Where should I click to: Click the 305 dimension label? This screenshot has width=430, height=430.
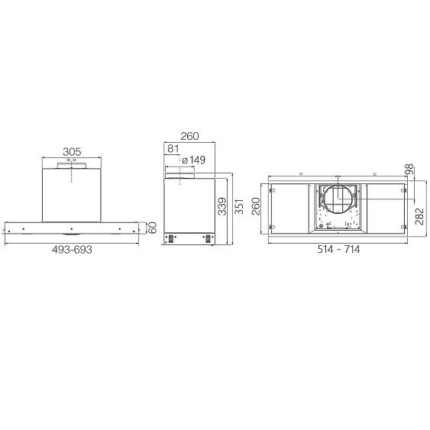point(72,152)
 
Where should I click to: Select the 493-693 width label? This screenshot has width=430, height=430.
point(72,250)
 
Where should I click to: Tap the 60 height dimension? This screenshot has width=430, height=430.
point(152,228)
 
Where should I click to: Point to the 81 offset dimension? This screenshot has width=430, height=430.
point(173,149)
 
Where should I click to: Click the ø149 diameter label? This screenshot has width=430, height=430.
point(193,160)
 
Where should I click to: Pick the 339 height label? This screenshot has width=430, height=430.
point(222,206)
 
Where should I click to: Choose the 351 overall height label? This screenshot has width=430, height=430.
point(239,206)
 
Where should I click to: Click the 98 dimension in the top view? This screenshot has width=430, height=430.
point(409,170)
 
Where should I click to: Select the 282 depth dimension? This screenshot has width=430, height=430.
point(419,216)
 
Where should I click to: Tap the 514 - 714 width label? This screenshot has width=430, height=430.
point(338,249)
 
